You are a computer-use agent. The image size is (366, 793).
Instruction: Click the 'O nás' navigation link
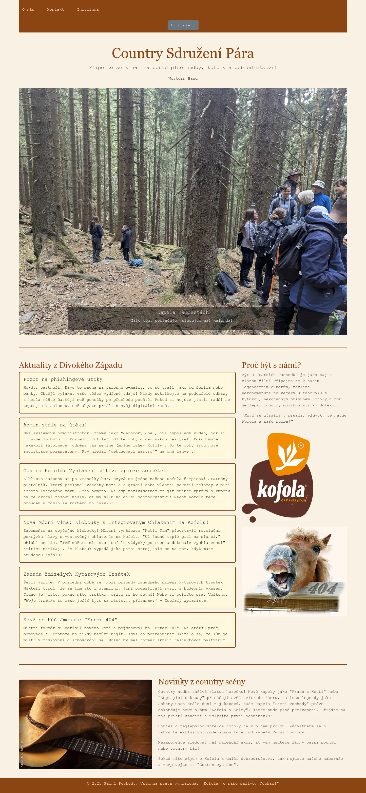coord(28,10)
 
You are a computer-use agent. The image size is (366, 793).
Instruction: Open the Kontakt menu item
coord(55,10)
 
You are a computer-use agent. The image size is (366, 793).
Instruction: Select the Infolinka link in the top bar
coord(88,10)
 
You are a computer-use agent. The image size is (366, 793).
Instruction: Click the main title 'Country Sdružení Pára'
coord(183,53)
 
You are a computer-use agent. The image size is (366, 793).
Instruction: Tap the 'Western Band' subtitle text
coord(183,78)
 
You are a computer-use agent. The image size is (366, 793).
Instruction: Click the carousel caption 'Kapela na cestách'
coord(183,312)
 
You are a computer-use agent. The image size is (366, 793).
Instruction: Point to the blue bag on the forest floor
coord(136,262)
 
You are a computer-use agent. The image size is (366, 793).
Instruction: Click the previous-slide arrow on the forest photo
coord(43,212)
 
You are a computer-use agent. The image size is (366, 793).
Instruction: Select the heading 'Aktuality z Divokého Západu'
coord(70,365)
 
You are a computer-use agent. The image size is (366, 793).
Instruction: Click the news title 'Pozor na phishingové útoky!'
coord(64,379)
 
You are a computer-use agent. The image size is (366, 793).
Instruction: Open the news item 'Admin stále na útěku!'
coord(55,425)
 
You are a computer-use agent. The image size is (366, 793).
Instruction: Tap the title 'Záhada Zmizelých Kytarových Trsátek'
coord(76,574)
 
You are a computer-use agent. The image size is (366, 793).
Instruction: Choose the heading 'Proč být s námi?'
coord(271,365)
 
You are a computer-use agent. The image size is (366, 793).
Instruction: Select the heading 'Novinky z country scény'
coord(202,682)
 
